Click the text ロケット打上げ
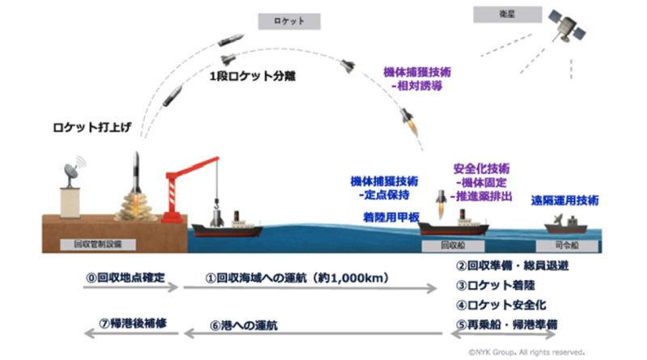click(x=87, y=128)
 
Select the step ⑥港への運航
click(x=246, y=325)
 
